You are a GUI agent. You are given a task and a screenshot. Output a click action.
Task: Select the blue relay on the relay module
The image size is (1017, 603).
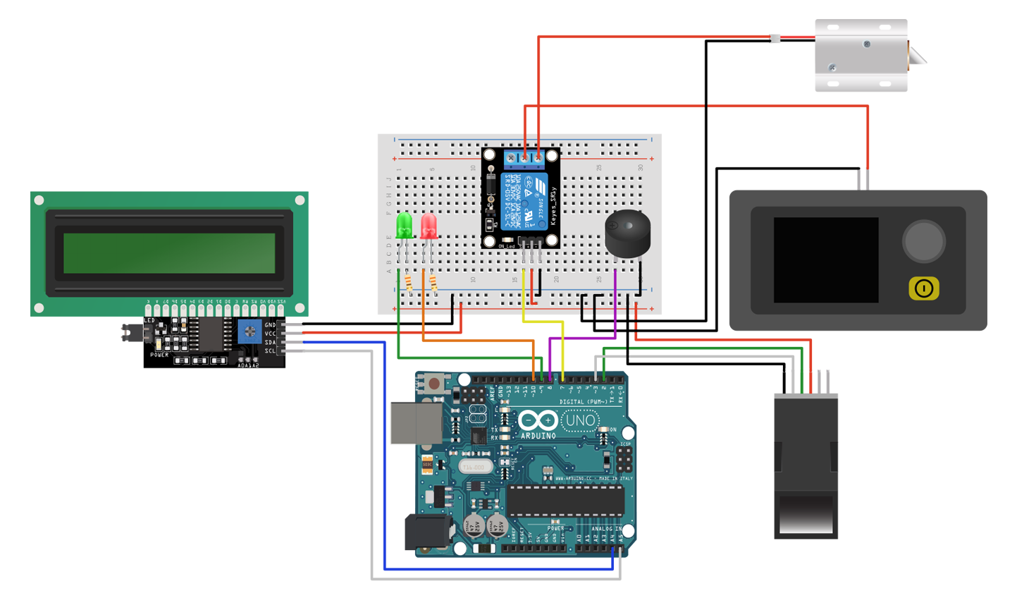coord(524,202)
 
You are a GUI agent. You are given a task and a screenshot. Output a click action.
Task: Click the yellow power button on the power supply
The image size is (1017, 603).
coord(923,288)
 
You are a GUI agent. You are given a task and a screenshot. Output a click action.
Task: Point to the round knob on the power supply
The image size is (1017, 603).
coord(923,241)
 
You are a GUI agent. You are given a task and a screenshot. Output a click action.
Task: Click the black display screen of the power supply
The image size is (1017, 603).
coord(825,260)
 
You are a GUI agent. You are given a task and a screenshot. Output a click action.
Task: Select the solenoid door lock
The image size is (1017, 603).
coord(863,55)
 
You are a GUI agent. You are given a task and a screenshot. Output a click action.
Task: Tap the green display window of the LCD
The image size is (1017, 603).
coord(169,253)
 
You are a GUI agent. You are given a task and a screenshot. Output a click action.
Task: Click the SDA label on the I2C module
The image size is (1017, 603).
coord(270,342)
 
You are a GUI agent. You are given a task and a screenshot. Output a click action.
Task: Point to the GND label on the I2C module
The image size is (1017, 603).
coord(270,325)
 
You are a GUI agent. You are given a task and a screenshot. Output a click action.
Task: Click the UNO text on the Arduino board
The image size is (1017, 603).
coord(580,421)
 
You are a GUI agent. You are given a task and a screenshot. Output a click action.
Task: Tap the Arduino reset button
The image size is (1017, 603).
coord(435,384)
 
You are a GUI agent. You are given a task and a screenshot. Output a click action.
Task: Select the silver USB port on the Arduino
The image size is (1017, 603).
coord(416,423)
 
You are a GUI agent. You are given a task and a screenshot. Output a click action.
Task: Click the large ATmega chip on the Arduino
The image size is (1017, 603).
coord(565,500)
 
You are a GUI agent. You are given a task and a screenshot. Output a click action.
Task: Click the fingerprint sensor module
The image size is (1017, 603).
coord(806,465)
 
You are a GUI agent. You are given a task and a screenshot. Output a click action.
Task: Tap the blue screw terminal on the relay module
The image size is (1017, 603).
coord(525,158)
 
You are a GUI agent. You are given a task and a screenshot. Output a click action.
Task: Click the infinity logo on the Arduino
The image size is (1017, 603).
coord(538,421)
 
